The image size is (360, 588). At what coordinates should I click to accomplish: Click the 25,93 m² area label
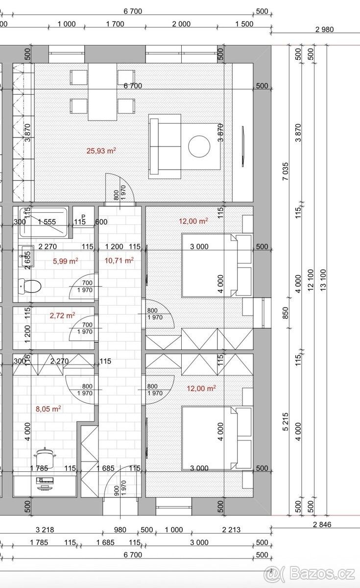(101, 151)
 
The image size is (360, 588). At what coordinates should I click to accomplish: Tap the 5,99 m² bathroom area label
(66, 261)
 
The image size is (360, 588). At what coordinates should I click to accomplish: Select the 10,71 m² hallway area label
(119, 261)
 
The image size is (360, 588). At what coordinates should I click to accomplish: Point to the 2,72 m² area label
(62, 316)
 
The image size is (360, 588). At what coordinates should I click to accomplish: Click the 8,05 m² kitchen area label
(48, 408)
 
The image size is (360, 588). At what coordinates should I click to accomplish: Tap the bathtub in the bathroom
(42, 221)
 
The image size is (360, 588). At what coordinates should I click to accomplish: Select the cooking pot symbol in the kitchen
(45, 456)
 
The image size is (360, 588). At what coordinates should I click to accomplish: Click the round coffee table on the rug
(199, 146)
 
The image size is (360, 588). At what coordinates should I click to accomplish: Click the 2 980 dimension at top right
(324, 29)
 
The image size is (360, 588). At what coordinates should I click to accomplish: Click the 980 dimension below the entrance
(120, 530)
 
